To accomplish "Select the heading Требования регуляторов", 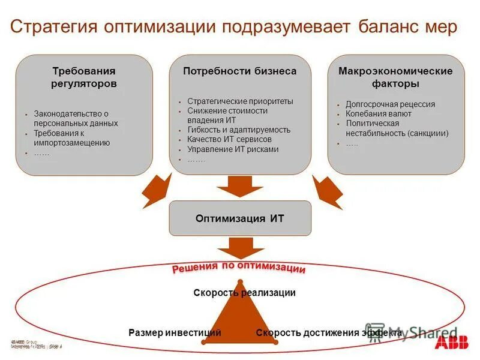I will pyautogui.click(x=84, y=77).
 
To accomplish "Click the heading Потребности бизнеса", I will pyautogui.click(x=240, y=71).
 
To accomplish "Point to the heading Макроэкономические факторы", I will pyautogui.click(x=395, y=77).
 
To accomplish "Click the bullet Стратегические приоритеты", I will pyautogui.click(x=240, y=101).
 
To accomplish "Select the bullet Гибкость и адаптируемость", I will pyautogui.click(x=239, y=130).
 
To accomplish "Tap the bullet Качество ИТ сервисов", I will pyautogui.click(x=229, y=139).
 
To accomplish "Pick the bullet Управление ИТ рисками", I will pyautogui.click(x=233, y=149).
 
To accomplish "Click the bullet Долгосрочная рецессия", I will pyautogui.click(x=390, y=104).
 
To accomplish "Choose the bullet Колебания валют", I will pyautogui.click(x=379, y=113).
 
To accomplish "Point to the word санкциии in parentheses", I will pyautogui.click(x=428, y=133).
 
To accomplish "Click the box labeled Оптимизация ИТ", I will pyautogui.click(x=240, y=218).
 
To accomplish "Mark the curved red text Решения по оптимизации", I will pyautogui.click(x=239, y=268).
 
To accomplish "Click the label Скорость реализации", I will pyautogui.click(x=244, y=293).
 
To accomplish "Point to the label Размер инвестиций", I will pyautogui.click(x=175, y=332).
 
